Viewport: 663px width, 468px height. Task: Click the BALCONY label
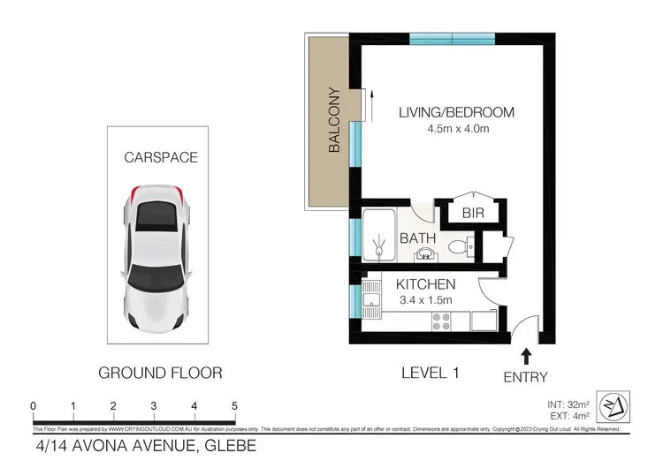(x=334, y=120)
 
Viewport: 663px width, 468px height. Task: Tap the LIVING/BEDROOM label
(x=456, y=113)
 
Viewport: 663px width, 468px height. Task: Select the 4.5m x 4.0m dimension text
(x=456, y=129)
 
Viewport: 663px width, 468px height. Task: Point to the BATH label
(x=417, y=238)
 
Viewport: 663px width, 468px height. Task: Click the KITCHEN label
(x=425, y=284)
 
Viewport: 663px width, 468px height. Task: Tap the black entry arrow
(x=528, y=356)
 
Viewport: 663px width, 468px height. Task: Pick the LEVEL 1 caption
(x=430, y=373)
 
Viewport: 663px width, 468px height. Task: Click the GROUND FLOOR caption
(x=160, y=373)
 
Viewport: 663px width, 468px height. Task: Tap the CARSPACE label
(x=160, y=158)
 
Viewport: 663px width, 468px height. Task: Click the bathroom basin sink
(x=426, y=254)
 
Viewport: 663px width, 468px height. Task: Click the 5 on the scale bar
(x=234, y=406)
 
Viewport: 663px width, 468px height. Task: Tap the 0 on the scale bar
(x=33, y=406)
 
